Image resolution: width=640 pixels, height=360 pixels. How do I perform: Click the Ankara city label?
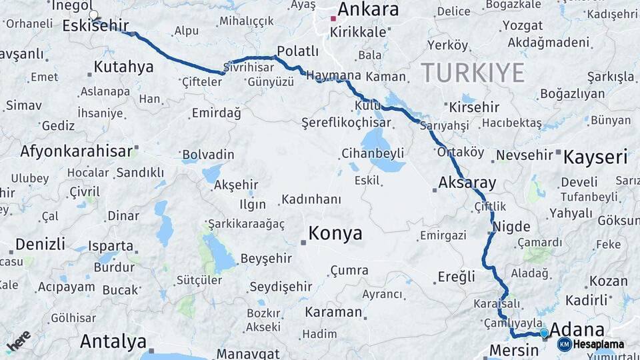tap(367, 9)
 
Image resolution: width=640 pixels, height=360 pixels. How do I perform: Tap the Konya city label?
tap(335, 233)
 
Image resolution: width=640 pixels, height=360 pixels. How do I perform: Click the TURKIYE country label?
tap(472, 72)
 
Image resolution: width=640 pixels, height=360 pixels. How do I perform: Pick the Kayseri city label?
tap(595, 157)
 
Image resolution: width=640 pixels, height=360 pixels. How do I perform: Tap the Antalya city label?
tap(113, 342)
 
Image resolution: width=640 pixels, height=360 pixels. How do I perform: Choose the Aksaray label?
tap(467, 183)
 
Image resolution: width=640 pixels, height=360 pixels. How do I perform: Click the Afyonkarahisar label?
tap(77, 151)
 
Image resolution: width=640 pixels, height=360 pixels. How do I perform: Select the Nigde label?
tap(511, 226)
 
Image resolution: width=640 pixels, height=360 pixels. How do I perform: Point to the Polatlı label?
tap(297, 51)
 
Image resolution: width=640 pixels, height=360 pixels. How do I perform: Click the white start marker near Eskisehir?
tap(93, 15)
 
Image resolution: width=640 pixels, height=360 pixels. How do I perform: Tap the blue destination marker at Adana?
tap(544, 333)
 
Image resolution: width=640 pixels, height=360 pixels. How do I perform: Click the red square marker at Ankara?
tap(333, 18)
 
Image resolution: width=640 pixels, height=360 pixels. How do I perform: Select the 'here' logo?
tap(18, 341)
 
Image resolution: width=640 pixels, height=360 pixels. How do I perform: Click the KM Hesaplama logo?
tap(591, 344)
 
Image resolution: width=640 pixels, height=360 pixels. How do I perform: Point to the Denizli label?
tap(40, 243)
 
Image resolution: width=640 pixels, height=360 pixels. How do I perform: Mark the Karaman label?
tap(333, 312)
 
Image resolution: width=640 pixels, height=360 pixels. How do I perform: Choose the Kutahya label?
tap(123, 67)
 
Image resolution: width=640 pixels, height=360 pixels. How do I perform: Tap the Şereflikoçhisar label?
tap(346, 123)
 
